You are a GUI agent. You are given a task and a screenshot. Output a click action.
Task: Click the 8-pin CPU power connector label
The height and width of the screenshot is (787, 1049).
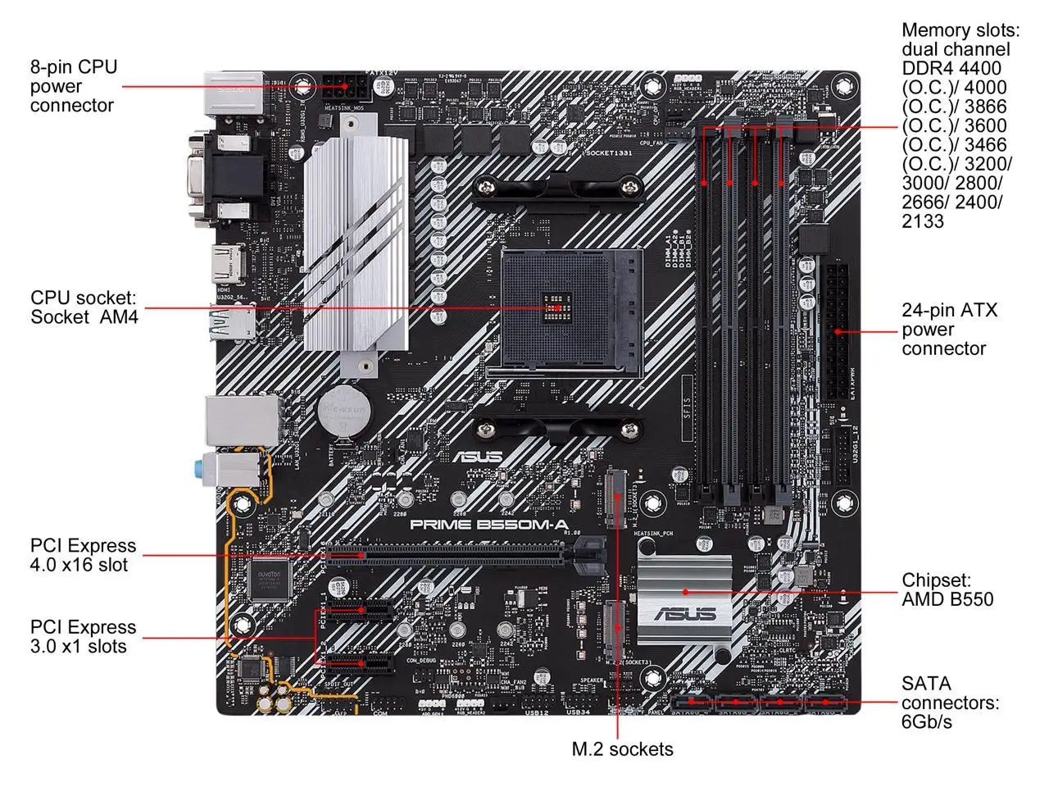(x=73, y=86)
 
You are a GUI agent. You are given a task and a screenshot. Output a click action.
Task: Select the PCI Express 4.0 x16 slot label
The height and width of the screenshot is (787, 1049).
(x=83, y=555)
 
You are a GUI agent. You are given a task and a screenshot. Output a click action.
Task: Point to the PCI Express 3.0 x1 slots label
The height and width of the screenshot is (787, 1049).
(x=83, y=636)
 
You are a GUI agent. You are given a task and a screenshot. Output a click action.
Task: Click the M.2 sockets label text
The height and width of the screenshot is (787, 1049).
(x=622, y=748)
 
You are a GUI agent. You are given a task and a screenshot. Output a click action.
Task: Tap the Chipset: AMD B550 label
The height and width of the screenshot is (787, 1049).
(x=947, y=589)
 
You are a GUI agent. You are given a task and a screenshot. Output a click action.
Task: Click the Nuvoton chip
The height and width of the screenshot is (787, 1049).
(x=271, y=580)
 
